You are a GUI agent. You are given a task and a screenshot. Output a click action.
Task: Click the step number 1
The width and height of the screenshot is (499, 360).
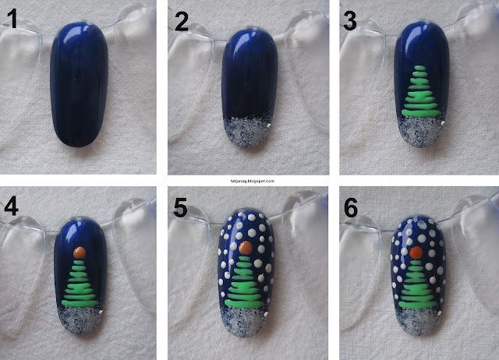point(12,19)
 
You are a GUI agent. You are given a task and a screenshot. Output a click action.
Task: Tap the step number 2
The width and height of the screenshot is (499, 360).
point(182,22)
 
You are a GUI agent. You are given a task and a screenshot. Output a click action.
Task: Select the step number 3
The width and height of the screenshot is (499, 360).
point(350,22)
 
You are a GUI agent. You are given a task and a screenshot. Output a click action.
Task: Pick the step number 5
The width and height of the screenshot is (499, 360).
point(180,208)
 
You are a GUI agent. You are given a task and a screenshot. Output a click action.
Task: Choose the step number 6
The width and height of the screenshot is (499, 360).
point(351,208)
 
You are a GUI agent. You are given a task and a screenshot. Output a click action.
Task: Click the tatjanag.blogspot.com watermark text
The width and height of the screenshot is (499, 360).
point(253,181)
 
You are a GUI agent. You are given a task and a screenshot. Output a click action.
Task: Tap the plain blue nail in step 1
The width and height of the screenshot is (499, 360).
point(79,84)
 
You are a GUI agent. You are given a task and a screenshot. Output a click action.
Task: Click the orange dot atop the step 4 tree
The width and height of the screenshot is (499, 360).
point(80,252)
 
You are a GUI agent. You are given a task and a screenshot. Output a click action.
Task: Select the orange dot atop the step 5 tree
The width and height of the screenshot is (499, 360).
point(246,248)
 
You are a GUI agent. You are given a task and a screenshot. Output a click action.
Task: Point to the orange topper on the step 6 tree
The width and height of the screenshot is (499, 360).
point(416,252)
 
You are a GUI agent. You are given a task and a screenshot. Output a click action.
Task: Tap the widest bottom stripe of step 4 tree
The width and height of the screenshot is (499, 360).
point(80,303)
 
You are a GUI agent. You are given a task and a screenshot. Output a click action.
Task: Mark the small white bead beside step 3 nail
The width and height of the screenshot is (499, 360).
point(443,123)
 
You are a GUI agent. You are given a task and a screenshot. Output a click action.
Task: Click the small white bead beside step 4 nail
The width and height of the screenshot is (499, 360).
point(101,312)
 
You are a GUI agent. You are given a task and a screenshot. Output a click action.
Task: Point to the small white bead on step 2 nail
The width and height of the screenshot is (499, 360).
point(269,126)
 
